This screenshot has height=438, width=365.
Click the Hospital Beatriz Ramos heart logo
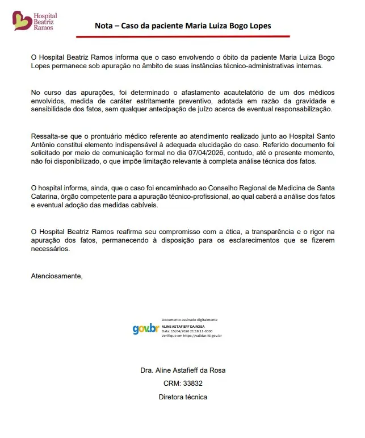point(21,21)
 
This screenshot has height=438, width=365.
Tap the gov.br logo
point(145,328)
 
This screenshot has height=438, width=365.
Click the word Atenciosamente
point(56,276)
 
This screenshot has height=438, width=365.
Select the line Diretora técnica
point(182,397)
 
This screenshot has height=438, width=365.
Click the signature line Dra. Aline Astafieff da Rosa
point(182,370)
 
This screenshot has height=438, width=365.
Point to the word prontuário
point(108,137)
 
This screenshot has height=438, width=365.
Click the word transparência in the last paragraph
point(270,232)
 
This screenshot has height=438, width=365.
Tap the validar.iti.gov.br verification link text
point(202,336)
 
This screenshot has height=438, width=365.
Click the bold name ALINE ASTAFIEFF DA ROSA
point(183,327)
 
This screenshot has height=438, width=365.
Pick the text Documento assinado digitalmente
point(189,320)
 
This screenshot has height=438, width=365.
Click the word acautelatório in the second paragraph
point(246,93)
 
